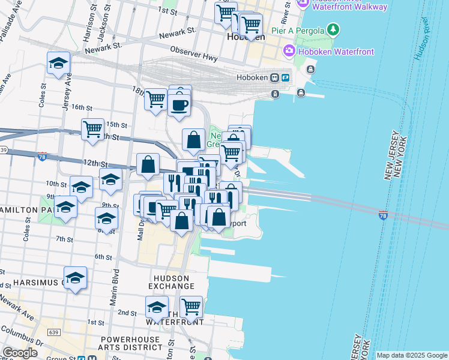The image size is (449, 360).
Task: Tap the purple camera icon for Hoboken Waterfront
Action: pos(289,51)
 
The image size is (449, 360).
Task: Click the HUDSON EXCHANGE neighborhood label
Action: pos(172,282)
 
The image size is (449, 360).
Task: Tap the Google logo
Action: pos(20,353)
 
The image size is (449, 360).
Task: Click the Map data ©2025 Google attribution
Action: pos(412,355)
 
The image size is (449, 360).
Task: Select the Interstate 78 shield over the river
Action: pos(383,214)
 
